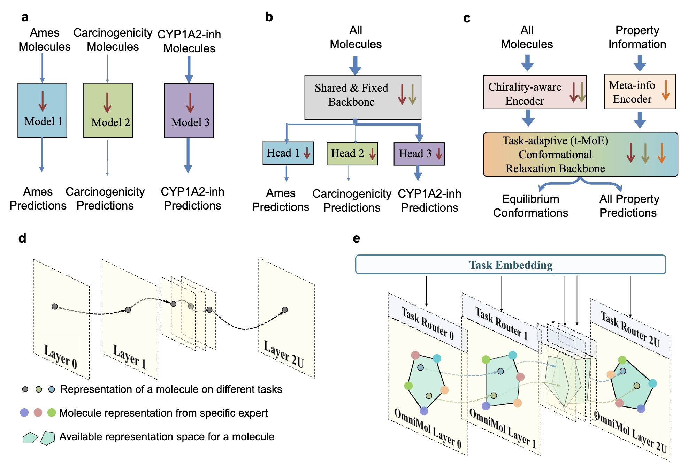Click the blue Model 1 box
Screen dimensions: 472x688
click(x=42, y=110)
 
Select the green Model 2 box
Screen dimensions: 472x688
click(x=108, y=110)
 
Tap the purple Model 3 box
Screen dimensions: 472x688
click(x=189, y=111)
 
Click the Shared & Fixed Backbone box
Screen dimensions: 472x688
click(x=362, y=97)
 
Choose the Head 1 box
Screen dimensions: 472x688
click(x=288, y=153)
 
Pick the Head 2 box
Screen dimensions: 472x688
click(x=352, y=153)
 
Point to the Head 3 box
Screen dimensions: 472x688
click(x=419, y=154)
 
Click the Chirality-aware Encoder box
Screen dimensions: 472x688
click(x=535, y=92)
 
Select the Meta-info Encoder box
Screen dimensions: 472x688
click(x=640, y=92)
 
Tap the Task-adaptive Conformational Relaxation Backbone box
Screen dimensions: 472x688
click(x=580, y=154)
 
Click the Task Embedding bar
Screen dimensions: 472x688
click(x=510, y=265)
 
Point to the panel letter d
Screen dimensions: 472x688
click(x=22, y=238)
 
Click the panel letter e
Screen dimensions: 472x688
click(x=356, y=238)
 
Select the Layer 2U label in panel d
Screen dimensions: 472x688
click(x=284, y=354)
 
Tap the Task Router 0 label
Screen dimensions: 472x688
click(x=428, y=324)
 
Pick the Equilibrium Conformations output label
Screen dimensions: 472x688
click(x=530, y=206)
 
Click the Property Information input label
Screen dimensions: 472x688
click(x=637, y=37)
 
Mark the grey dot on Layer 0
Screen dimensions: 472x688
click(x=55, y=306)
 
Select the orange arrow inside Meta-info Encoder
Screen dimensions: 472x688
click(x=665, y=90)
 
